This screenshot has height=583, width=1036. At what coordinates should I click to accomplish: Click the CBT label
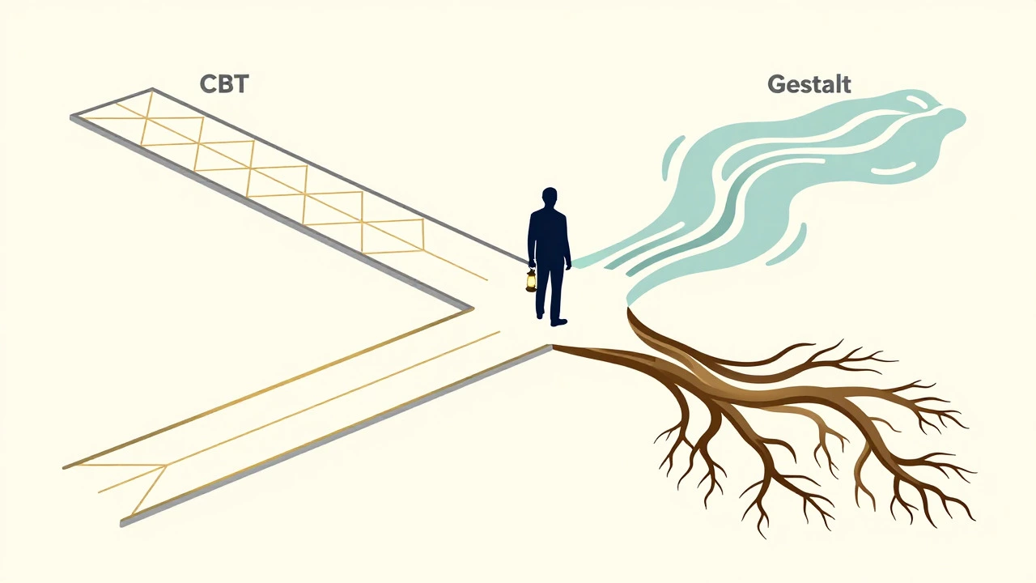point(224,83)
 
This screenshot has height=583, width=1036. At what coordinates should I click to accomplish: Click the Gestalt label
point(809,84)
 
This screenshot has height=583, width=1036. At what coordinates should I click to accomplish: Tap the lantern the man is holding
point(531,280)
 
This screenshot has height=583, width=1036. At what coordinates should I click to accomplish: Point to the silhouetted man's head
point(550,198)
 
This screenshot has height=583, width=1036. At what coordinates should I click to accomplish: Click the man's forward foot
point(558,322)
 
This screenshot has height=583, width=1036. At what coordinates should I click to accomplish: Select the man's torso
point(549,236)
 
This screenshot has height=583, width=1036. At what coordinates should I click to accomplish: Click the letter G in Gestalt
point(776,84)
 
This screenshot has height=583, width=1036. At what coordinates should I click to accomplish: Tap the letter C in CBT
point(208,84)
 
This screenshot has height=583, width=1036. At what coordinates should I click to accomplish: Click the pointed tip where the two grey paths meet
point(473,308)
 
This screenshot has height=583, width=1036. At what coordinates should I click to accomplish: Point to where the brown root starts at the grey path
point(553,347)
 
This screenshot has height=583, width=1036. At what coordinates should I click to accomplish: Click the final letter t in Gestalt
point(846,85)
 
